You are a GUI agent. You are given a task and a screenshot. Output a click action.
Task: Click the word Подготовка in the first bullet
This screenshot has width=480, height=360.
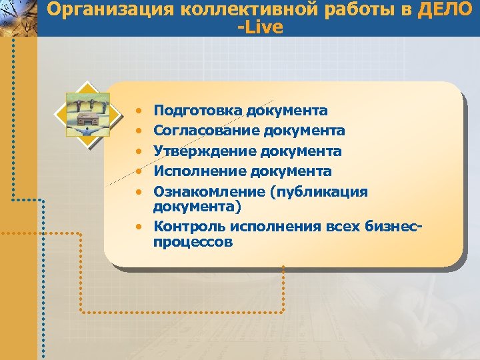(197, 110)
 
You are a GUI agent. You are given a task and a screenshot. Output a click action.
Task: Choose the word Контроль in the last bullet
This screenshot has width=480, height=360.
(187, 226)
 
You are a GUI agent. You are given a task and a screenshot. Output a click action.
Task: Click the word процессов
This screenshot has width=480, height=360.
(193, 242)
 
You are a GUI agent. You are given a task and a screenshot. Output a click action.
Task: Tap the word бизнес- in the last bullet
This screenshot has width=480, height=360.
(394, 226)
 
